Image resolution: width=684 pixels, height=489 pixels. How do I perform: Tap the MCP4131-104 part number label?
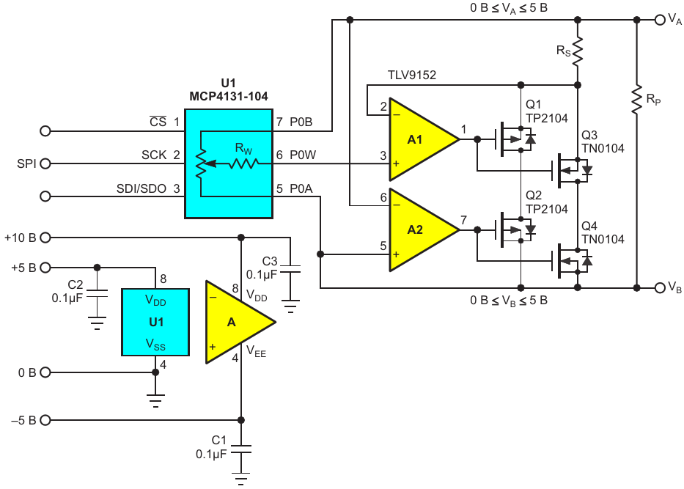tap(229, 96)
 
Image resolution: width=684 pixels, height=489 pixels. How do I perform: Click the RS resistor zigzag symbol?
tap(578, 52)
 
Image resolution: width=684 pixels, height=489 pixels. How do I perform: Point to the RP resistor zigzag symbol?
tap(636, 100)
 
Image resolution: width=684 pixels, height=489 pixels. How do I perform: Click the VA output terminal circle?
tap(660, 20)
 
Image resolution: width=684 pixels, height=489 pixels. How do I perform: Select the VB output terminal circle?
tap(660, 288)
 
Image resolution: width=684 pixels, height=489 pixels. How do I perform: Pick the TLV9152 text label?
tap(412, 75)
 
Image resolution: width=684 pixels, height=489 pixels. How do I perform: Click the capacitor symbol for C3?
tap(290, 269)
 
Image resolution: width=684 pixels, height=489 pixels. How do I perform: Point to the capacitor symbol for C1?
tap(240, 449)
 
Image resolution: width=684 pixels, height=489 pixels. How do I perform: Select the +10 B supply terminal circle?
tap(45, 238)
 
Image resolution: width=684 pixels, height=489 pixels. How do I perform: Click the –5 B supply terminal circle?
tap(45, 420)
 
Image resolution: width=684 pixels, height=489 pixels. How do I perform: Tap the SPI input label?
tap(26, 163)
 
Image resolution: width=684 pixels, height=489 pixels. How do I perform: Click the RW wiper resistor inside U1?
tap(244, 163)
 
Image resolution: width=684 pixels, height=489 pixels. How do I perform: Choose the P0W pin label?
tap(303, 155)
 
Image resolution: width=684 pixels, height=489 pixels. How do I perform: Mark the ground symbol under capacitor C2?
tap(97, 323)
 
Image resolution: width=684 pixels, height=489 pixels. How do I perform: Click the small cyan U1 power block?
tap(155, 322)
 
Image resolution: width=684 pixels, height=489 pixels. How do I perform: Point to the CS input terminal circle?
tap(45, 131)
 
